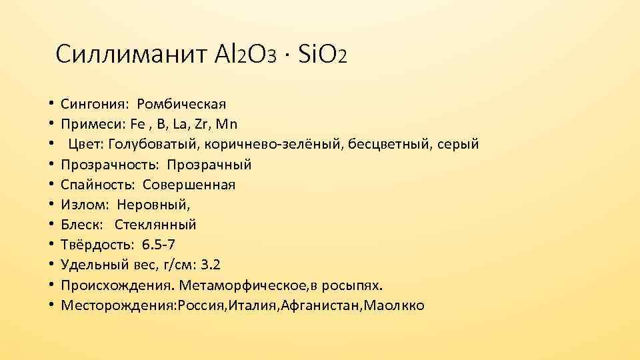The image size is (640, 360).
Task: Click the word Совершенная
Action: (x=189, y=185)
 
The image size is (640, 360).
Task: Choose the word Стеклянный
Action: (x=155, y=225)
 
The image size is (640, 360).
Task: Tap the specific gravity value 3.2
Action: (x=210, y=265)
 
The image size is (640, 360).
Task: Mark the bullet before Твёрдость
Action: (x=51, y=245)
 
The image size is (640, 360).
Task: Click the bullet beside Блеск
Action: (x=51, y=225)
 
